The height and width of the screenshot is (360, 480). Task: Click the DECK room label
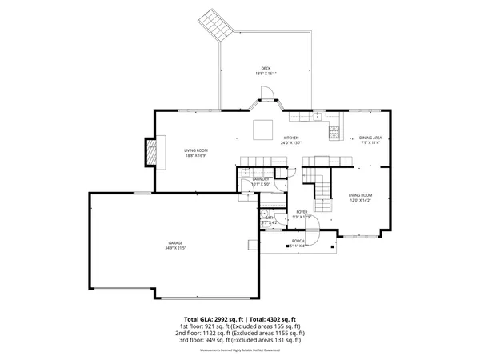[x=266, y=68]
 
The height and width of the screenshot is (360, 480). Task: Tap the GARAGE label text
[x=175, y=242]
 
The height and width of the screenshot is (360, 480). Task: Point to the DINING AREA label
[x=370, y=138]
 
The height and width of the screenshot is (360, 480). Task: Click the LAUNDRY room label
[x=262, y=179]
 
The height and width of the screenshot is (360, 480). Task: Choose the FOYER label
[x=302, y=211]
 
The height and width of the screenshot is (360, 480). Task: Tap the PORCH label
[x=298, y=241]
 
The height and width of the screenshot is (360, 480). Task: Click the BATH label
[x=270, y=218]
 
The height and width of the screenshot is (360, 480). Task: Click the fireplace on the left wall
[x=150, y=152]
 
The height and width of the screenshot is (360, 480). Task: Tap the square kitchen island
[x=262, y=128]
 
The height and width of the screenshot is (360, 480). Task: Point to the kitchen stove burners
[x=334, y=129]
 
